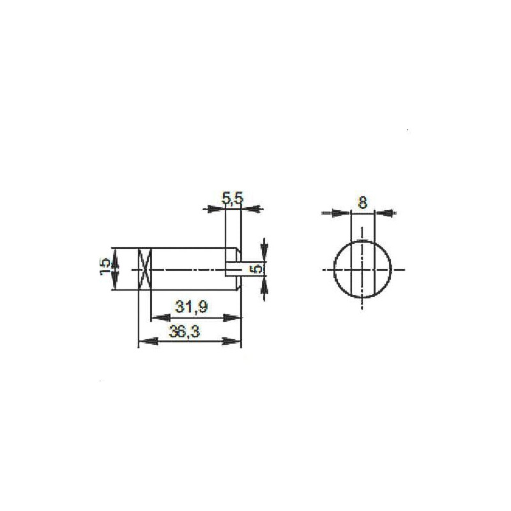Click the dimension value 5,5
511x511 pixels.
coord(233,198)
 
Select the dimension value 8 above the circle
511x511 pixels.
coord(362,202)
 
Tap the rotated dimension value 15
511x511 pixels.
coord(105,268)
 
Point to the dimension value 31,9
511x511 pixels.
coord(191,307)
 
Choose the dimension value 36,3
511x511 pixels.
coord(185,332)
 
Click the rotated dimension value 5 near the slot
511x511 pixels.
coord(257,269)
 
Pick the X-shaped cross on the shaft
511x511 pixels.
coord(144,269)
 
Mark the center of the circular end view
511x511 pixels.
coord(362,270)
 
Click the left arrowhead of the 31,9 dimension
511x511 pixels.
coord(160,317)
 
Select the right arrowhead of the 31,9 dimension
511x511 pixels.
coord(232,317)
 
